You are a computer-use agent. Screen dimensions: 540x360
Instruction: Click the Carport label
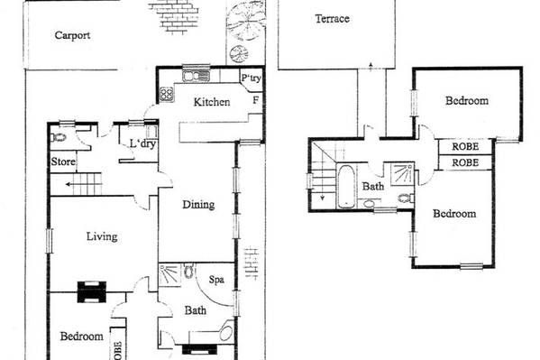point(72,35)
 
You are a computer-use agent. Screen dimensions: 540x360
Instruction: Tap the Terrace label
point(333,19)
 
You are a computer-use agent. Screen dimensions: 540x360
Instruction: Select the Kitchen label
point(212,102)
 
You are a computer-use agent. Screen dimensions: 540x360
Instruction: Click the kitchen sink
point(196,76)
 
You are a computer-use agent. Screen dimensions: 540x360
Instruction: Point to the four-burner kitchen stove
point(167,94)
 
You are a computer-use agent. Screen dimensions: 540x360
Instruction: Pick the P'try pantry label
point(251,78)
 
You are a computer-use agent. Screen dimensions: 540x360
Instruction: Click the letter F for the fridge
point(256,100)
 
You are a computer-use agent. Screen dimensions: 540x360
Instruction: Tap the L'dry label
point(143,143)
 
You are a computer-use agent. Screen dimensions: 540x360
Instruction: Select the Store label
point(63,162)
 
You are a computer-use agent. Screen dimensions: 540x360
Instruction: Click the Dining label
point(198,205)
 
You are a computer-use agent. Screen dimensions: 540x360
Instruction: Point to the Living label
point(102,236)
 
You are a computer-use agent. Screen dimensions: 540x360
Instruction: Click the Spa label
point(216,280)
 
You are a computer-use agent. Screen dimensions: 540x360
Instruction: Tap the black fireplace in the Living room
point(92,292)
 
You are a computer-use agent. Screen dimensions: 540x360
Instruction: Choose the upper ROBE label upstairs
point(465,146)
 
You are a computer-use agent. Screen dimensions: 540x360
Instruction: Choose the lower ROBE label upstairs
point(465,162)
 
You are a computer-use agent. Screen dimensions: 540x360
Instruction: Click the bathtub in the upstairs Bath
point(345,187)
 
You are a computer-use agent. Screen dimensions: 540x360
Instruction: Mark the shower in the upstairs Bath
point(403,174)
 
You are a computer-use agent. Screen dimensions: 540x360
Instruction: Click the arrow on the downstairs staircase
point(84,184)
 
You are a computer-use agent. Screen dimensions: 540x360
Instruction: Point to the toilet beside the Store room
point(59,137)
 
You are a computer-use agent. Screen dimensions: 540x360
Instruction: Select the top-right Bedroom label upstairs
point(467,101)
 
